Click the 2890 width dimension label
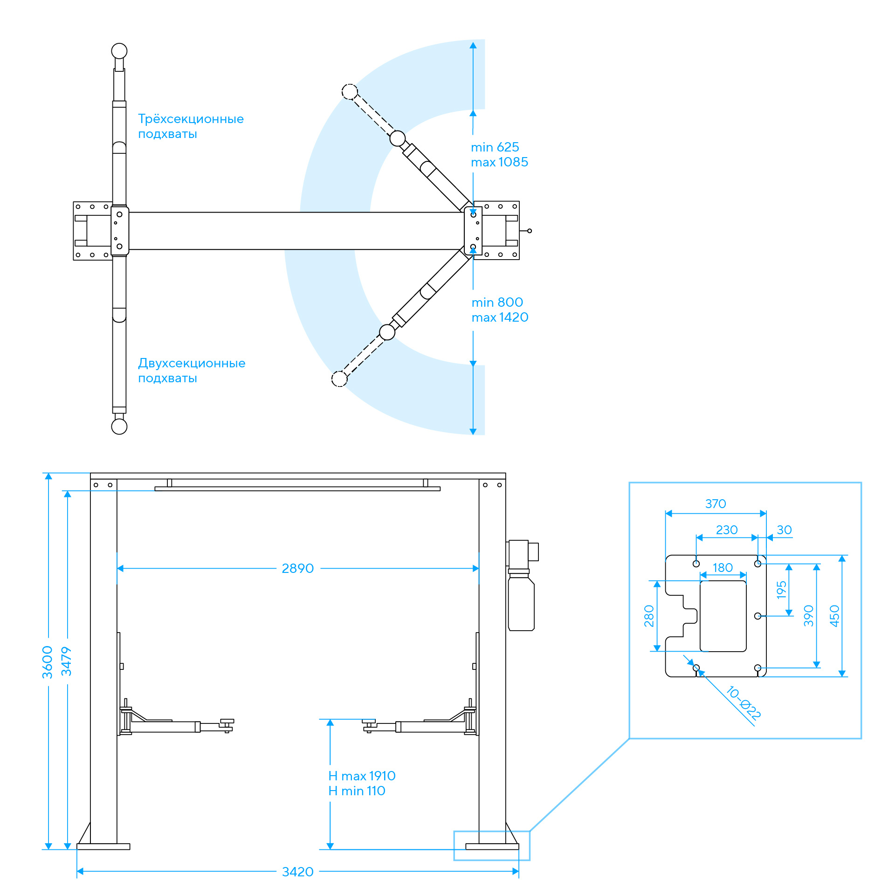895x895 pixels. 297,568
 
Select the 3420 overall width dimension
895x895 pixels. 297,872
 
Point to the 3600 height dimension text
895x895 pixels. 48,662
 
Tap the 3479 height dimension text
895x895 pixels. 67,661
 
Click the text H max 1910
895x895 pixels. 362,776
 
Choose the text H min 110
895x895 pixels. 357,791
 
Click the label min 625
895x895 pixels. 495,147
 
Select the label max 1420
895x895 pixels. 500,317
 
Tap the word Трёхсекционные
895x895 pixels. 191,119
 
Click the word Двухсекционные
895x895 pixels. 192,363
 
